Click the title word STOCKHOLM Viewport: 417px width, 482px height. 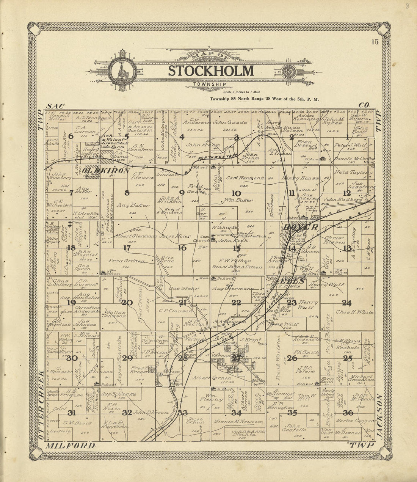(x=211, y=71)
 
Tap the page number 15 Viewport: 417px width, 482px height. (x=375, y=42)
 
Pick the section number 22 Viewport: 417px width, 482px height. (x=236, y=302)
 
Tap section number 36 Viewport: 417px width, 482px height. (x=348, y=413)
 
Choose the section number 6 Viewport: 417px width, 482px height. (x=71, y=137)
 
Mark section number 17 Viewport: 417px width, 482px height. (x=127, y=248)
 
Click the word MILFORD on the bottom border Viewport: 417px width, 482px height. (x=70, y=446)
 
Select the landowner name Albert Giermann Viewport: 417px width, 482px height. (x=121, y=236)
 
